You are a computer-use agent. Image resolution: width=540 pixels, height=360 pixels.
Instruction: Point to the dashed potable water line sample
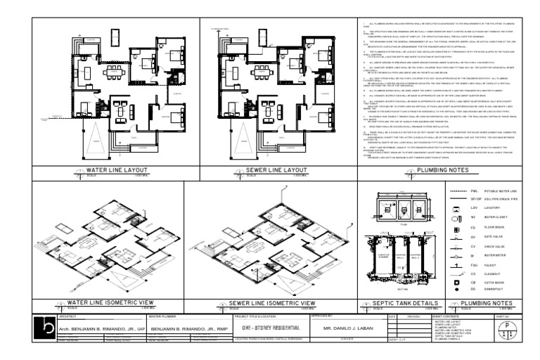coord(457,190)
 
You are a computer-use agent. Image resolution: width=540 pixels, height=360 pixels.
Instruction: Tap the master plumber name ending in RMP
coord(181,328)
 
